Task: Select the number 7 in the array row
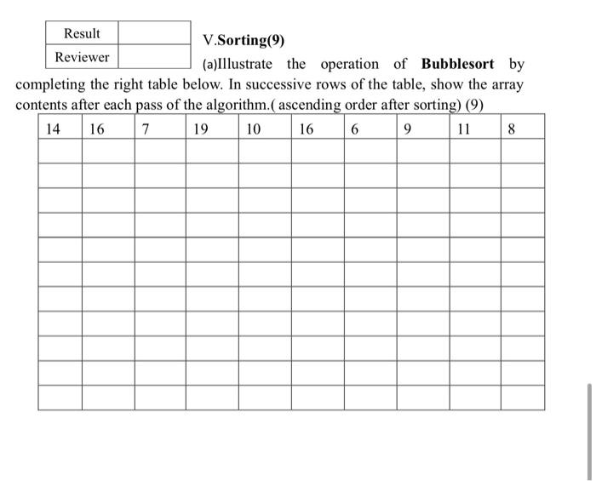pos(146,129)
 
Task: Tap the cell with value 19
pos(200,129)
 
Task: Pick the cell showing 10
pos(253,129)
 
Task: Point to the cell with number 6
pos(354,129)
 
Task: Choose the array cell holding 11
pos(463,129)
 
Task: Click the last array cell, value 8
pos(511,129)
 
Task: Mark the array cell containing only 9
pos(410,129)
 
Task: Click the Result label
pos(82,33)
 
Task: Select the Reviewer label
pos(82,57)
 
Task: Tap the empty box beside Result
pos(154,33)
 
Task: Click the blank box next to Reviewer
pos(154,57)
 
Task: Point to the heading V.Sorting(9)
pos(244,40)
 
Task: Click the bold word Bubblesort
pos(457,64)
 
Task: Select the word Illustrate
pos(243,64)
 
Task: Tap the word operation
pos(349,64)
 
